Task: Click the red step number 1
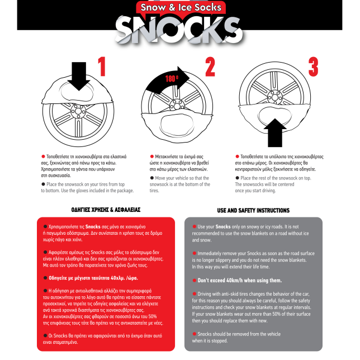click(x=102, y=67)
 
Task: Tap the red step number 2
click(x=210, y=67)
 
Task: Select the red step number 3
click(x=314, y=67)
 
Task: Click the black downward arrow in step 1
click(x=79, y=76)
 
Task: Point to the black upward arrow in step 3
click(x=275, y=132)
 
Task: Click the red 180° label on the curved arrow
click(x=172, y=79)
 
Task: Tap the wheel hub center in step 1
click(x=78, y=112)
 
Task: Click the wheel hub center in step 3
click(x=275, y=97)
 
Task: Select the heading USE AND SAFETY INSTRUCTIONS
click(x=253, y=211)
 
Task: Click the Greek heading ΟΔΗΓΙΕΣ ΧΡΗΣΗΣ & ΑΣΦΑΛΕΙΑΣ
click(x=106, y=210)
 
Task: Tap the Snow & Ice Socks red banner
click(x=181, y=7)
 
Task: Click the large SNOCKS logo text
click(x=179, y=30)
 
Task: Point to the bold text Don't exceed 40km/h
click(x=239, y=280)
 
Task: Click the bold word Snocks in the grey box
click(x=223, y=226)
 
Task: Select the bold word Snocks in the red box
click(x=93, y=226)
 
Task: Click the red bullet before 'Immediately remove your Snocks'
click(x=195, y=253)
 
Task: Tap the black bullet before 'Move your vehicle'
click(x=151, y=178)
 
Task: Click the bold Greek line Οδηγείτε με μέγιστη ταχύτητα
click(x=93, y=278)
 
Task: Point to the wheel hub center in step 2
click(x=177, y=106)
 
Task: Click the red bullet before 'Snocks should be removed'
click(x=195, y=334)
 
